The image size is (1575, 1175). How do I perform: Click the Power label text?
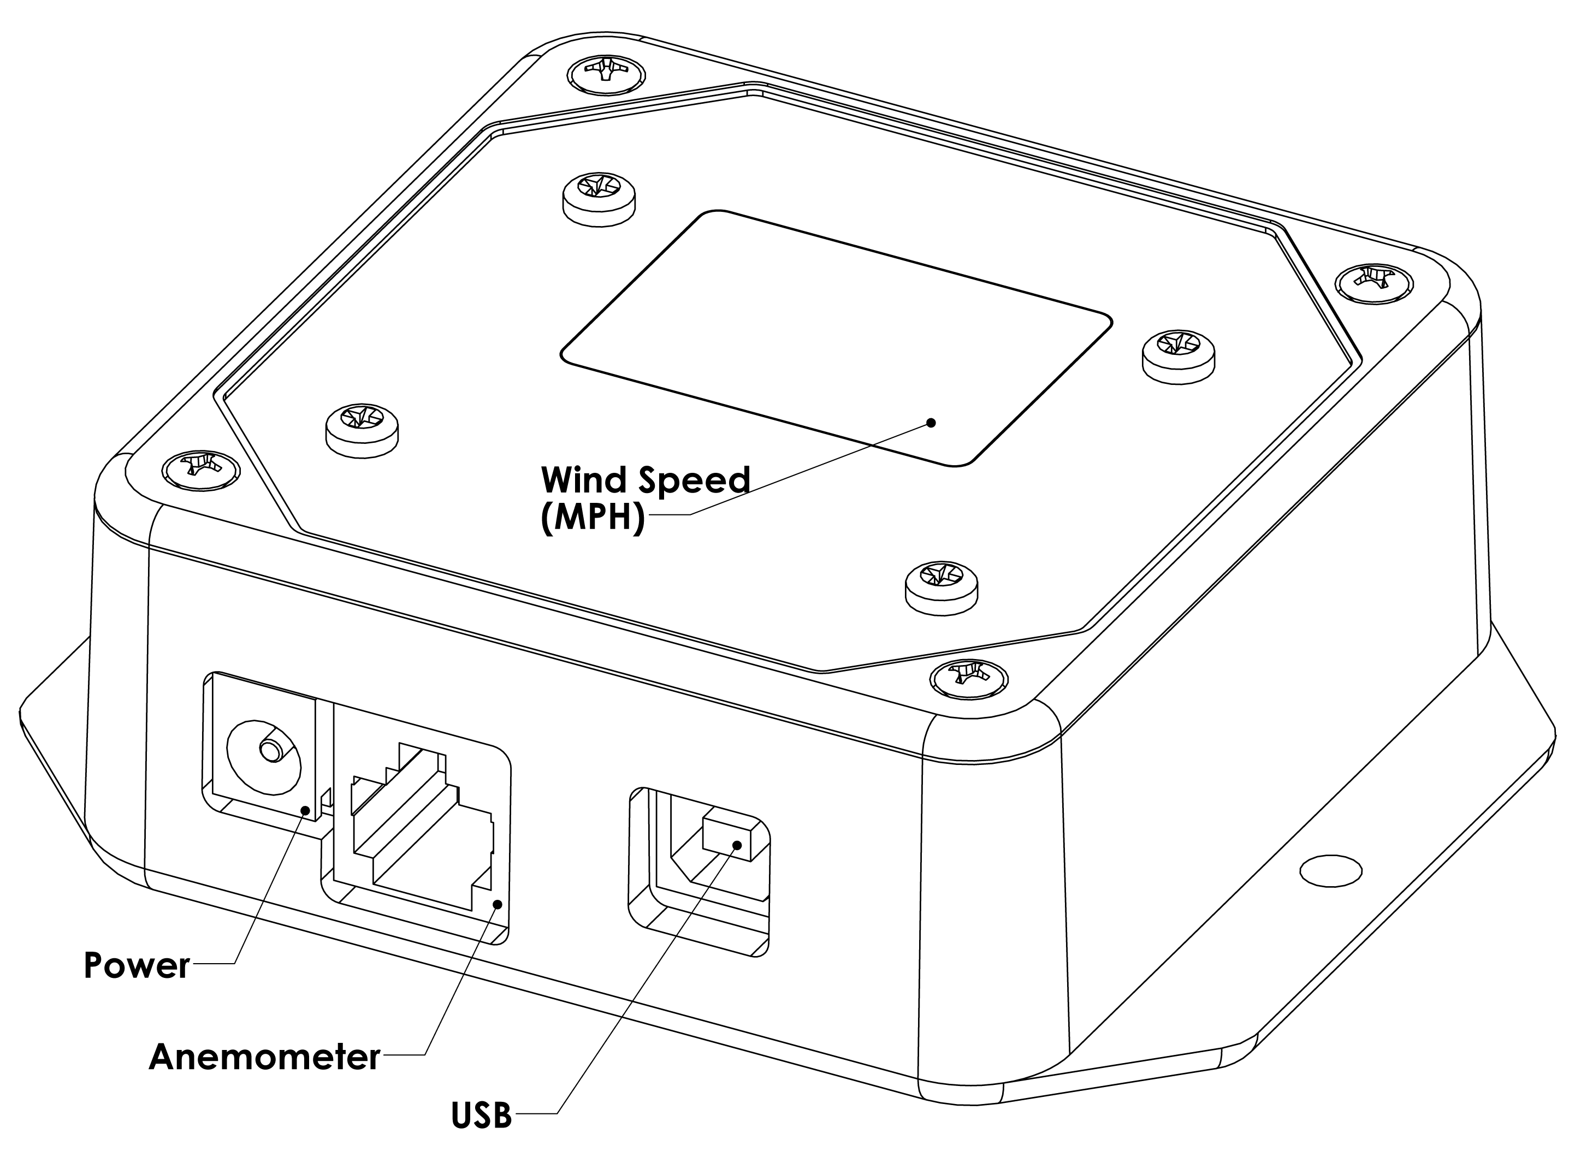(137, 965)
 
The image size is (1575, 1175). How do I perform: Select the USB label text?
(482, 1115)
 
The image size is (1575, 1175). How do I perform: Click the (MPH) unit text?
(593, 519)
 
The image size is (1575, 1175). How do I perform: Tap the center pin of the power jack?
(270, 750)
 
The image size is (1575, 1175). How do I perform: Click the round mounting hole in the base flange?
(1330, 870)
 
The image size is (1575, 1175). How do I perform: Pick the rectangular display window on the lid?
(836, 338)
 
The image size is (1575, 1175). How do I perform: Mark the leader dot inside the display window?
(931, 423)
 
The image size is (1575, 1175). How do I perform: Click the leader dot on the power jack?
(306, 810)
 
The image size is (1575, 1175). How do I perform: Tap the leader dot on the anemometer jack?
(498, 904)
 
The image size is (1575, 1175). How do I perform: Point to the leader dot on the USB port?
(737, 846)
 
